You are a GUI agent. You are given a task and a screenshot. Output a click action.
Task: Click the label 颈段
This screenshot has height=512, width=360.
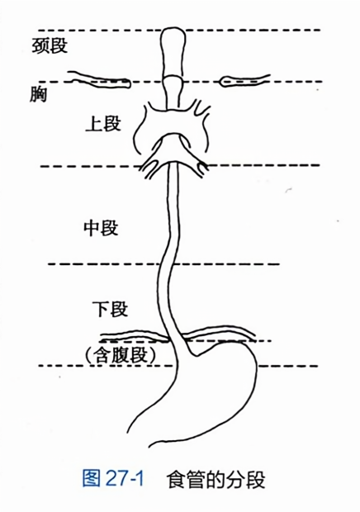coord(50,45)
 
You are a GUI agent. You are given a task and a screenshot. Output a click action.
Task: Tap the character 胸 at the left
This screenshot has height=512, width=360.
coord(38,94)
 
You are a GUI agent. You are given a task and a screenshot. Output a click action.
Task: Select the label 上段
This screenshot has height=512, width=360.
coord(103,124)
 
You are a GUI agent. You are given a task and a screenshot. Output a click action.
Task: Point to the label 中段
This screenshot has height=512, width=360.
coord(101,228)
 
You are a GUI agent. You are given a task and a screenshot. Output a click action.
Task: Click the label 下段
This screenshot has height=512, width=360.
coord(110,309)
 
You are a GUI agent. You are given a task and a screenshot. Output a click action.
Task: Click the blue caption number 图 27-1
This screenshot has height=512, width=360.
coord(113,478)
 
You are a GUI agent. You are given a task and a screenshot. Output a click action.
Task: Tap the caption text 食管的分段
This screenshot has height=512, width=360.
coord(216,479)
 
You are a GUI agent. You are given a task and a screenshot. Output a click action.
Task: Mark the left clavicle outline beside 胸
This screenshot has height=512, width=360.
coord(99,79)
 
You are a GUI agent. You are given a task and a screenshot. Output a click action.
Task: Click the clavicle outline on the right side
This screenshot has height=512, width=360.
coord(244,80)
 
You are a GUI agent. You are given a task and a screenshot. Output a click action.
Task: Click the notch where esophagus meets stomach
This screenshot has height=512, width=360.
coord(194,354)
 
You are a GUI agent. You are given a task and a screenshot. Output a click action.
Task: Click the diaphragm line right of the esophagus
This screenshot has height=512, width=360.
coord(218,334)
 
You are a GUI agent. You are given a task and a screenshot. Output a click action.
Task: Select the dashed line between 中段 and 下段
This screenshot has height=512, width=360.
coord(163,263)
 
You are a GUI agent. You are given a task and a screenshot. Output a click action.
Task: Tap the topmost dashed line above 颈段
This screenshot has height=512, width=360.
coord(179,30)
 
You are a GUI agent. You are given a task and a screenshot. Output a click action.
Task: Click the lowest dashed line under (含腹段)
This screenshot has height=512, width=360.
coord(178,366)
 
